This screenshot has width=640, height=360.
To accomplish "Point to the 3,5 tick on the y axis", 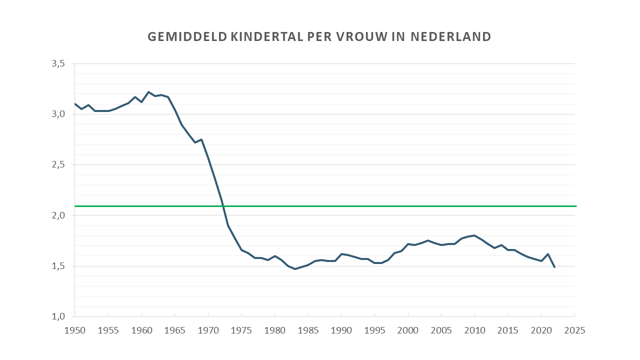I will point(58,64).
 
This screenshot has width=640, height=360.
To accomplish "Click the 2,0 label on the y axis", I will point(58,215).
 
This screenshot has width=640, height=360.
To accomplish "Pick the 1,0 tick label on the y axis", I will point(58,316).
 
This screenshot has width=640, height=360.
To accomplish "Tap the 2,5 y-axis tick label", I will point(58,165).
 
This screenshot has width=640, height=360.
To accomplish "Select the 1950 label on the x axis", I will point(74,330).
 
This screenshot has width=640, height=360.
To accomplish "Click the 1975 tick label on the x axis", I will point(241,330).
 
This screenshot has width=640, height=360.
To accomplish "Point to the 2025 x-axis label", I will point(575,330).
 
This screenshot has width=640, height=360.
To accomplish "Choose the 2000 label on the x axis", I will point(408,330).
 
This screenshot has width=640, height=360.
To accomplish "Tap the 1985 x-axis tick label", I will point(308,330).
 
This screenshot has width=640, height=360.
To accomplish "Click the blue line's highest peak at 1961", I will point(148,92).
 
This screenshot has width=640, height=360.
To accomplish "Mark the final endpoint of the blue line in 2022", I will point(554,267).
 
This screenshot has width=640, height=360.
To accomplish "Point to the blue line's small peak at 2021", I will point(548,254).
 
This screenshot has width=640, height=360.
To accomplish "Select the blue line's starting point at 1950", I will point(75,104).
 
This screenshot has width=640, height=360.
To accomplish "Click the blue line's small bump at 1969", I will point(201,139).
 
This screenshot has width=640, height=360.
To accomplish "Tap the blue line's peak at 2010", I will point(474,235).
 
